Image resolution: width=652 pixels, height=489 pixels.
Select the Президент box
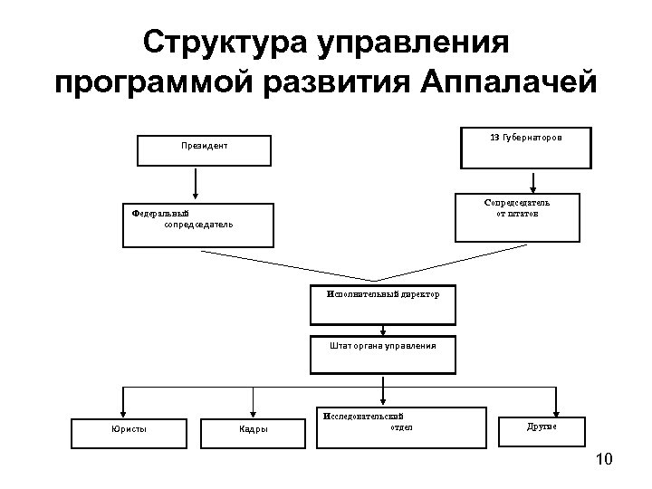point(203,150)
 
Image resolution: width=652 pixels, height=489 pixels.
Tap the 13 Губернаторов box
point(524,149)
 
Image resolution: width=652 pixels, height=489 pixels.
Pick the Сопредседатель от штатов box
point(516,218)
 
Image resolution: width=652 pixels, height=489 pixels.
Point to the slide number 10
point(604,461)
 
